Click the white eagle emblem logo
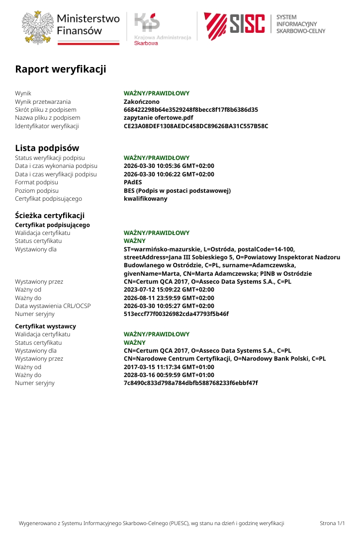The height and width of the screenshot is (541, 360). pyautogui.click(x=38, y=27)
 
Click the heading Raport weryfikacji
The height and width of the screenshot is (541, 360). pyautogui.click(x=61, y=69)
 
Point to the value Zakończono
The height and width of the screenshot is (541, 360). pyautogui.click(x=142, y=101)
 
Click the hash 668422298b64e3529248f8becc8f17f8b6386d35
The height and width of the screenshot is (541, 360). pyautogui.click(x=191, y=110)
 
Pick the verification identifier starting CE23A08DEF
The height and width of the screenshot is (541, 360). pyautogui.click(x=196, y=126)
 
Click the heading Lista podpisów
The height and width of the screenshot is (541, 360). pyautogui.click(x=47, y=148)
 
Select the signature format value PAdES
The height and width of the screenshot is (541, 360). pyautogui.click(x=133, y=182)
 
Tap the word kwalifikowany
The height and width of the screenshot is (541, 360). pyautogui.click(x=146, y=199)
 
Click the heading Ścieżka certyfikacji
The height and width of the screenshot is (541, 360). pyautogui.click(x=50, y=215)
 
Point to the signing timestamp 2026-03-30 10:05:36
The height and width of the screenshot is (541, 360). pyautogui.click(x=169, y=166)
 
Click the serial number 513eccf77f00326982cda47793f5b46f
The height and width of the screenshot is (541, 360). pyautogui.click(x=176, y=314)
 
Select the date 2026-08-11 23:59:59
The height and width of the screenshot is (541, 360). pyautogui.click(x=169, y=298)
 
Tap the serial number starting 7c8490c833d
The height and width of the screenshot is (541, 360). pyautogui.click(x=190, y=383)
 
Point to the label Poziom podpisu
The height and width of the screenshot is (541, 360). pyautogui.click(x=37, y=191)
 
